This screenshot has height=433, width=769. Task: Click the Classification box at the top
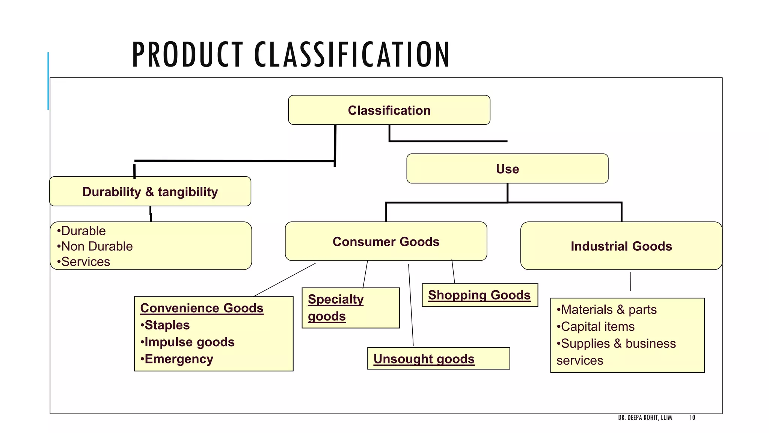coord(389,110)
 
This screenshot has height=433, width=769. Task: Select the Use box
coord(507,169)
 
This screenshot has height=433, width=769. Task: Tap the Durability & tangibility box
coord(150,192)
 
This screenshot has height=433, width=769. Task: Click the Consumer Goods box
coord(386,241)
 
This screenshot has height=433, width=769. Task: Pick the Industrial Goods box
coord(621,246)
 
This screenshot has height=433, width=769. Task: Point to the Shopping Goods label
coord(479,295)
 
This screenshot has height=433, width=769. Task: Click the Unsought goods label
coord(424,359)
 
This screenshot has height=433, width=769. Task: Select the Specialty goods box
coord(350,308)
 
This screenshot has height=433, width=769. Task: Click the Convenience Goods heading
coord(202,308)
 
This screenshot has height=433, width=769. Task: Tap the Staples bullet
coord(165,325)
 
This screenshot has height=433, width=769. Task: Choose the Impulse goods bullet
coord(188,342)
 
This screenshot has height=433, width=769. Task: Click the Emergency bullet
coord(177,359)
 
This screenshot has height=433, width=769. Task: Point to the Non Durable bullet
coord(95,246)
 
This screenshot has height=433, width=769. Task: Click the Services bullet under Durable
coord(84,262)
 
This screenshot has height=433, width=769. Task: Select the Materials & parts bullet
coord(607,309)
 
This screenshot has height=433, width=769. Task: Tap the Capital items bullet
coord(596,326)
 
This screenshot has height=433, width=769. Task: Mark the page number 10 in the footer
coord(692,418)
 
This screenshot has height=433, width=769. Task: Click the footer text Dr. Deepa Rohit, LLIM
coord(645,418)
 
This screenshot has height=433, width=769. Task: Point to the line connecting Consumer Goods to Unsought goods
coord(411,304)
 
